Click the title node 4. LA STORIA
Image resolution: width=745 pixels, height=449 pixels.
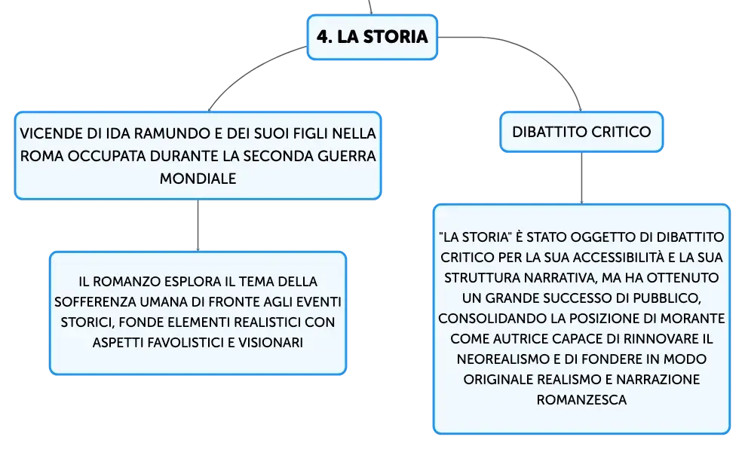(x=372, y=37)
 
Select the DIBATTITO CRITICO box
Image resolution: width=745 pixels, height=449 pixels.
(x=581, y=132)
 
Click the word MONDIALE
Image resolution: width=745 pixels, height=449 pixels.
(x=198, y=179)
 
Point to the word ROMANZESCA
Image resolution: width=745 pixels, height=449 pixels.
(x=581, y=399)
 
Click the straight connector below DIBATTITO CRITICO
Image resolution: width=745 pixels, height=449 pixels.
(x=581, y=178)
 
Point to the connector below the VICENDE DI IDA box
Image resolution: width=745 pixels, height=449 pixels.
(x=198, y=225)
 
